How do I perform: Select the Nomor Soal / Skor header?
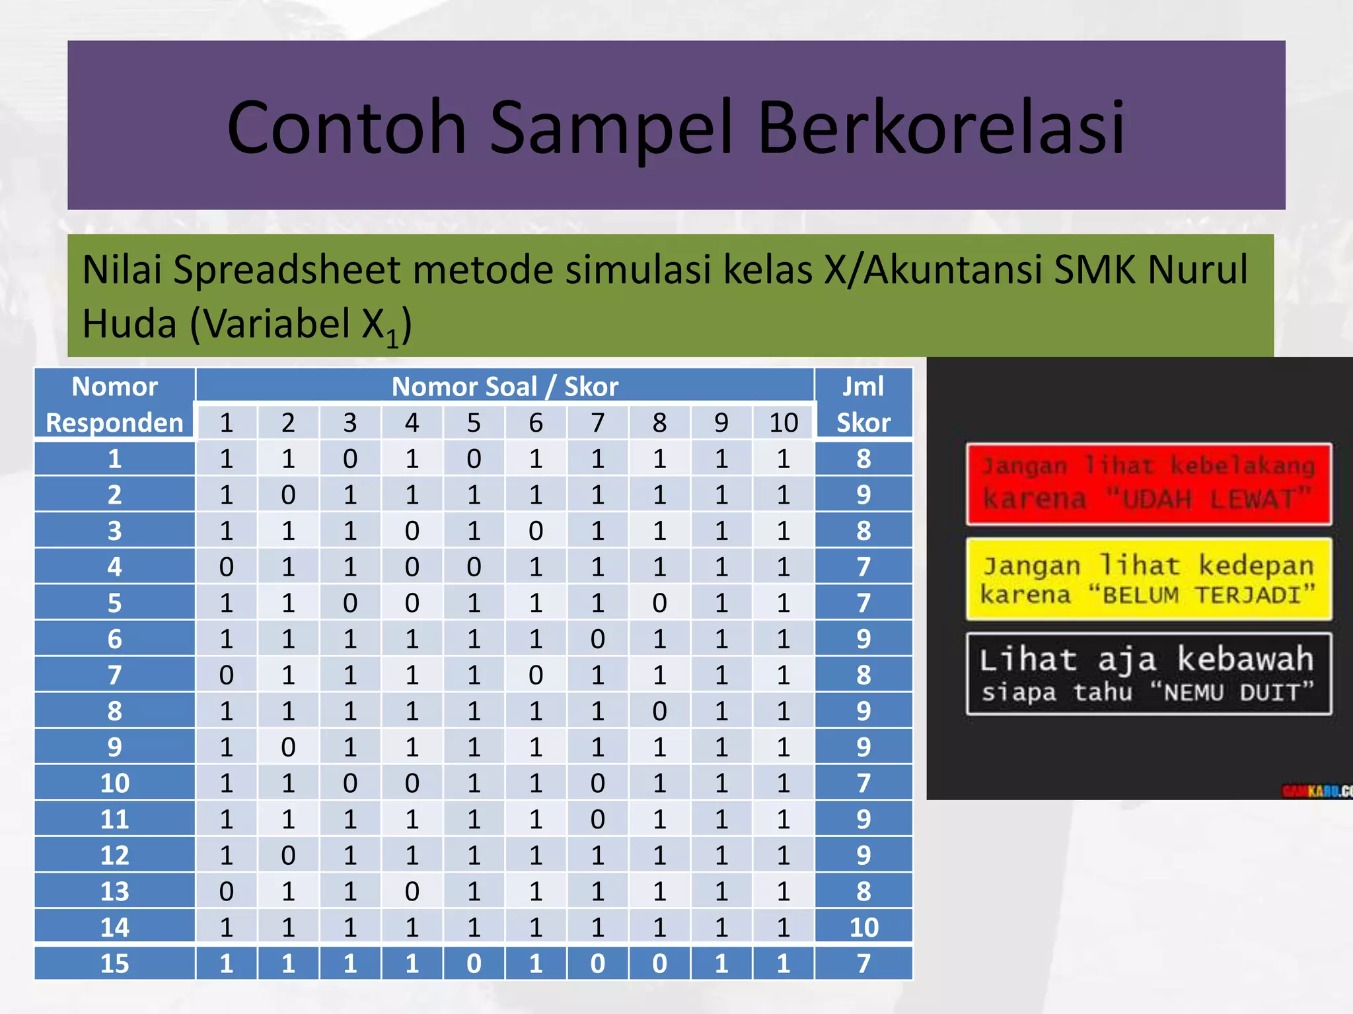(505, 386)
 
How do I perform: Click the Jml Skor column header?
(863, 404)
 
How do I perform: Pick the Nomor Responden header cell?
(114, 404)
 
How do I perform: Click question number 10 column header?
(784, 422)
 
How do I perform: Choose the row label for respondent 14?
(114, 928)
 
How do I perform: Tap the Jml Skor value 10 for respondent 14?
(863, 928)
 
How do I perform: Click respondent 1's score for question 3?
(350, 459)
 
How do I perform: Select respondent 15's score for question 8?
(659, 964)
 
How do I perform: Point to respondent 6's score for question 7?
(597, 639)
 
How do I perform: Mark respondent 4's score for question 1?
(226, 567)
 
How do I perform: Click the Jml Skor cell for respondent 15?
(863, 964)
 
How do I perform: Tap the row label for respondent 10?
(114, 784)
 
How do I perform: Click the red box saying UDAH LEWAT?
(1148, 484)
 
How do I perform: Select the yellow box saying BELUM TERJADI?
(1148, 580)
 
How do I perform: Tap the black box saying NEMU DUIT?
(1148, 674)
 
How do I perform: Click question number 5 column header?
(474, 422)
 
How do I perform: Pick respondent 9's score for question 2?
(288, 747)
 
